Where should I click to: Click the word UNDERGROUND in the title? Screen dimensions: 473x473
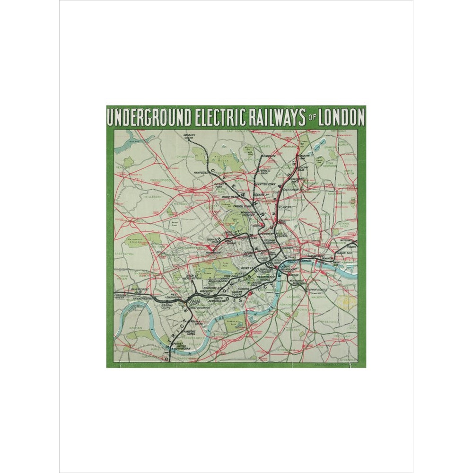click(149, 118)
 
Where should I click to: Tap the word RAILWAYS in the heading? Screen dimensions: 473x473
click(274, 118)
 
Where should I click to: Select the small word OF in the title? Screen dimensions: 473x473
click(312, 118)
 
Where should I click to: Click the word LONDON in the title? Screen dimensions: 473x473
click(342, 118)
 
